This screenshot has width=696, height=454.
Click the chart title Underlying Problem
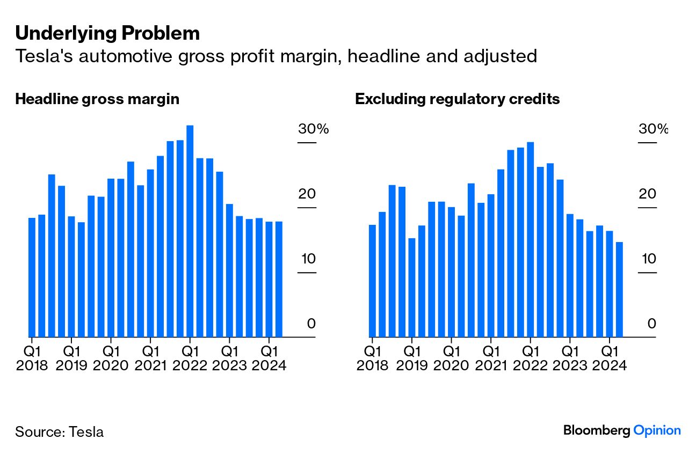click(107, 33)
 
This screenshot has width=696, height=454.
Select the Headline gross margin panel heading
click(97, 99)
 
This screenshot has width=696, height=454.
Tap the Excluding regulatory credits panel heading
click(457, 99)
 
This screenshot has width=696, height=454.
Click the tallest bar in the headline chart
click(190, 231)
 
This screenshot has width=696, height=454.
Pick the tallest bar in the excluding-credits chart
click(530, 239)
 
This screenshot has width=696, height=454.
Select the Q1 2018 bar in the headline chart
click(32, 277)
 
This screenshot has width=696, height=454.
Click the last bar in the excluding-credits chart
click(619, 289)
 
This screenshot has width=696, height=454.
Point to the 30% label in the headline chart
click(313, 129)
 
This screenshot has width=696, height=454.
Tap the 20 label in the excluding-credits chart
click(648, 194)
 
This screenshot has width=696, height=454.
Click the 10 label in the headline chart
click(307, 259)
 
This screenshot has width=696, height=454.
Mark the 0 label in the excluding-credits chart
click(652, 324)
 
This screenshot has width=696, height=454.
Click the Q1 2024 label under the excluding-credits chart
click(609, 358)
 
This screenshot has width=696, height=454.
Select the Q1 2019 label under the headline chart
click(71, 358)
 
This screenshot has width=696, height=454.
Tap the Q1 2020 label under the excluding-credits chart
click(451, 358)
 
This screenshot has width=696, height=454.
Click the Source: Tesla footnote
click(59, 431)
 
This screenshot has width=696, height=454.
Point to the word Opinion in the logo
click(657, 430)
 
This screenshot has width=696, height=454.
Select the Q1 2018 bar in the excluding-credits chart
click(372, 281)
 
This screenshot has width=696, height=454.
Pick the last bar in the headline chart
click(279, 279)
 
